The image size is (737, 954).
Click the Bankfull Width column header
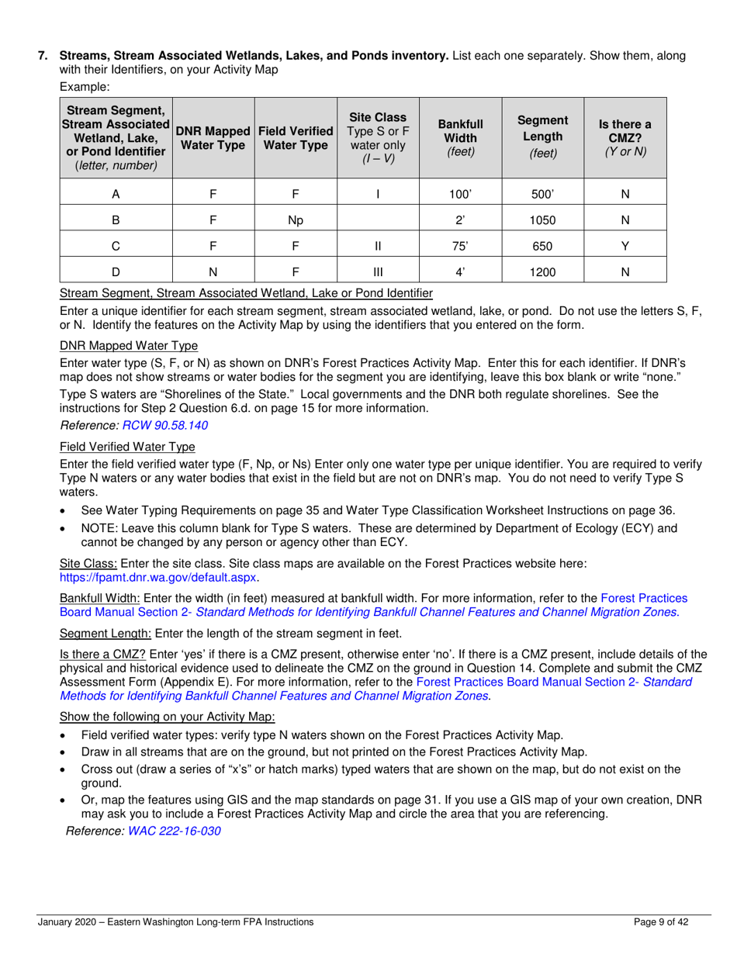tap(461, 137)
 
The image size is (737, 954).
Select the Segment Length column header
tap(542, 137)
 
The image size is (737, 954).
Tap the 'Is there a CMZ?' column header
tap(625, 137)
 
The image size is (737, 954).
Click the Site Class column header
tap(378, 137)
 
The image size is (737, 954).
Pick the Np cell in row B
tap(295, 219)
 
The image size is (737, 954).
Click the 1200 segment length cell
tap(542, 271)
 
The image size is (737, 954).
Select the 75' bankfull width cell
tap(461, 246)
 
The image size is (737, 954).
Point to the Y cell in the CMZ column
tap(625, 246)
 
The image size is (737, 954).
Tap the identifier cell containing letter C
tap(116, 246)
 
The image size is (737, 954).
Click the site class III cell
tap(378, 271)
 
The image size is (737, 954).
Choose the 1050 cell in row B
tap(542, 219)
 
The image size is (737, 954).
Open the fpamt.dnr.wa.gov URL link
tap(158, 578)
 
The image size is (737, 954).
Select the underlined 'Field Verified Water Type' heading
tap(127, 447)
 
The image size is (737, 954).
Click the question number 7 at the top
tap(43, 56)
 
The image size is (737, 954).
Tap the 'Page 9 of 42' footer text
tap(661, 922)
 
